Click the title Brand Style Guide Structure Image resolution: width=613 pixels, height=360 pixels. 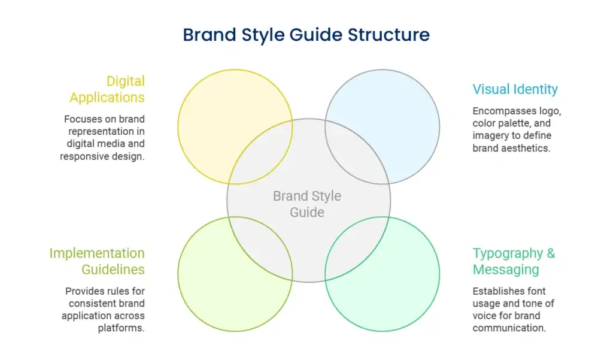coord(306,35)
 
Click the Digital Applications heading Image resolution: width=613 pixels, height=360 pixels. coord(107,89)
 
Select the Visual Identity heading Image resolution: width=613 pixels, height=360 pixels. coord(515,89)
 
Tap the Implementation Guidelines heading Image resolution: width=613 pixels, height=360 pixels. coord(97,261)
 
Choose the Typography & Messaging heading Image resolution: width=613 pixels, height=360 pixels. coord(514,261)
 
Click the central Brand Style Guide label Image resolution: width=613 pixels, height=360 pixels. coord(307,204)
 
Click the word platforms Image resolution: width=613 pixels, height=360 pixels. coord(121,328)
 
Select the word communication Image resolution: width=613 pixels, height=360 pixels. coord(509,328)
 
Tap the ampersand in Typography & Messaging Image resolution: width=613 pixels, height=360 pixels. coord(551,253)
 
